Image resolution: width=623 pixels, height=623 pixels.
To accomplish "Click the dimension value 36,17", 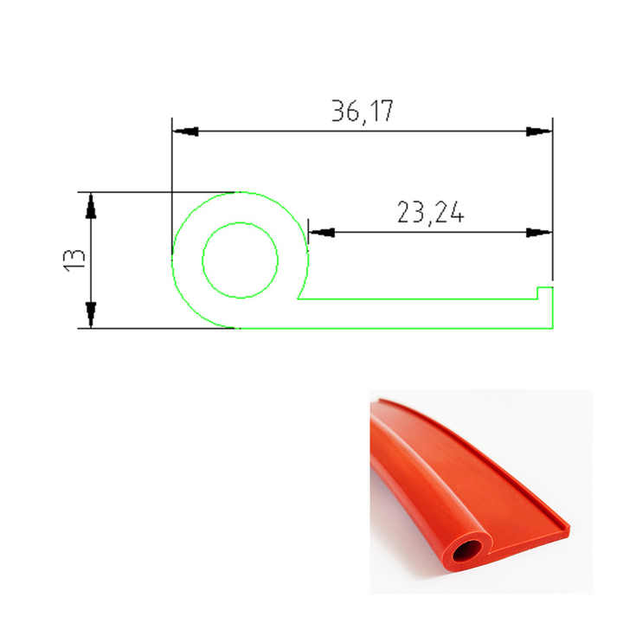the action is click(363, 112).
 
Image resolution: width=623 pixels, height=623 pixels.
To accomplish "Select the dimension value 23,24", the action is click(430, 213).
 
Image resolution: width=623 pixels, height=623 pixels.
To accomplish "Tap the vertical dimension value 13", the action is click(74, 260).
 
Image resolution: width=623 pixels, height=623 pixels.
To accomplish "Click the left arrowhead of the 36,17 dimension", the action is click(185, 132).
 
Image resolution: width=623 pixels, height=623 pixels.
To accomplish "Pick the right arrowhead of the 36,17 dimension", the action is click(539, 132).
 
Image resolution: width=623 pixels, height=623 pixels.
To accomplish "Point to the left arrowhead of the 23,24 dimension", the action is click(321, 233).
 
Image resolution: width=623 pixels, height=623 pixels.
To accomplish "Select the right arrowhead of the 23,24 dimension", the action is click(539, 233).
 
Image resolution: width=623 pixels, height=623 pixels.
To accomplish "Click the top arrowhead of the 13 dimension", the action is click(91, 206).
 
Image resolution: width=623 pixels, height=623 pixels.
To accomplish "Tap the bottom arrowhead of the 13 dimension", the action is click(91, 315).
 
